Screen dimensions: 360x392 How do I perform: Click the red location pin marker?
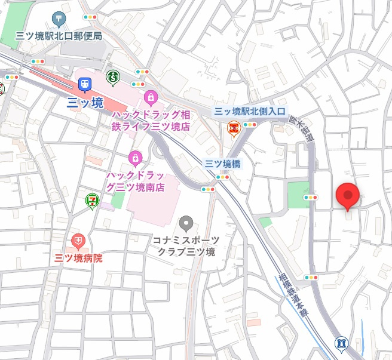click(x=348, y=195)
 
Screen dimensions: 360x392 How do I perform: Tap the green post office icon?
click(x=58, y=19)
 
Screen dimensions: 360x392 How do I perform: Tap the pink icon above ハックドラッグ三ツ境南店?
click(x=135, y=158)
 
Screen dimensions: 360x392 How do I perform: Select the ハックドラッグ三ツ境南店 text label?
click(x=135, y=180)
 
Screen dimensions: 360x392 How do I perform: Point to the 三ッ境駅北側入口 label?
click(x=250, y=112)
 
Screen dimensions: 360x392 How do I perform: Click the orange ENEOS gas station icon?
click(x=234, y=128)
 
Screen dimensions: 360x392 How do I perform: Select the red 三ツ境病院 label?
click(x=78, y=258)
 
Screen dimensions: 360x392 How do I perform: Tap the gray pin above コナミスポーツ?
click(x=186, y=224)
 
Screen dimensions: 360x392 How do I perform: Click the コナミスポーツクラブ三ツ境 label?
click(x=186, y=245)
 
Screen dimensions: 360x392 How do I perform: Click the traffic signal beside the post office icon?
click(x=90, y=17)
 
